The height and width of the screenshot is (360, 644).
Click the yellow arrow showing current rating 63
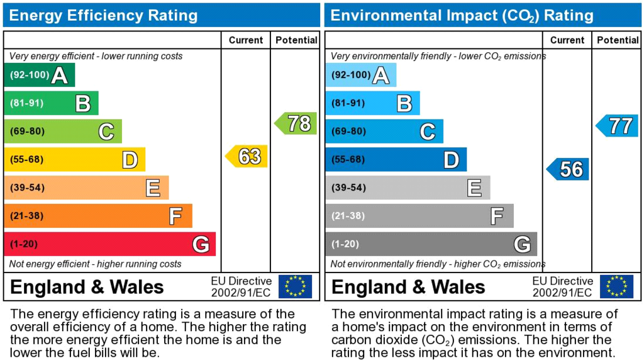[x=247, y=156]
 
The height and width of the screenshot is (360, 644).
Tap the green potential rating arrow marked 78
[x=296, y=123]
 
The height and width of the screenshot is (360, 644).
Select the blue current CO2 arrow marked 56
[x=568, y=169]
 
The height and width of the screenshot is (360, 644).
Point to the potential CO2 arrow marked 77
[x=617, y=126]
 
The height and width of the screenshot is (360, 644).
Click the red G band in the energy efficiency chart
[x=110, y=244]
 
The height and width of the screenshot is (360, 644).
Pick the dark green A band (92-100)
[x=40, y=75]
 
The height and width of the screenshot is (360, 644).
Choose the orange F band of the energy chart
[x=98, y=216]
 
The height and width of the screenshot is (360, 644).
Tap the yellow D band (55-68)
[x=75, y=159]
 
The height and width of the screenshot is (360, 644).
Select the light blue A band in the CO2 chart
[x=361, y=75]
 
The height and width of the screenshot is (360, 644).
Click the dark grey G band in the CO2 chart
[x=431, y=244]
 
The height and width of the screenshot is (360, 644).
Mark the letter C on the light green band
[x=106, y=132]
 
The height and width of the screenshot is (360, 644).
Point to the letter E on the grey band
[x=474, y=188]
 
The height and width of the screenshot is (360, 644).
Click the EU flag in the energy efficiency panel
[x=295, y=286]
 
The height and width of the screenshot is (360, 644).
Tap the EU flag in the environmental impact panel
[x=616, y=286]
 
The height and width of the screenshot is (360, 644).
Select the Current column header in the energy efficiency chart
[x=246, y=40]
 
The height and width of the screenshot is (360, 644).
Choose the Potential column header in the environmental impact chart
[x=618, y=40]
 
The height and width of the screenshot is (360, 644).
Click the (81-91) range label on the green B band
[x=26, y=103]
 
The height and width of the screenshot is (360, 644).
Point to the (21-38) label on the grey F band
[x=348, y=216]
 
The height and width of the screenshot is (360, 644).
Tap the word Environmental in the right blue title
[x=386, y=16]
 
